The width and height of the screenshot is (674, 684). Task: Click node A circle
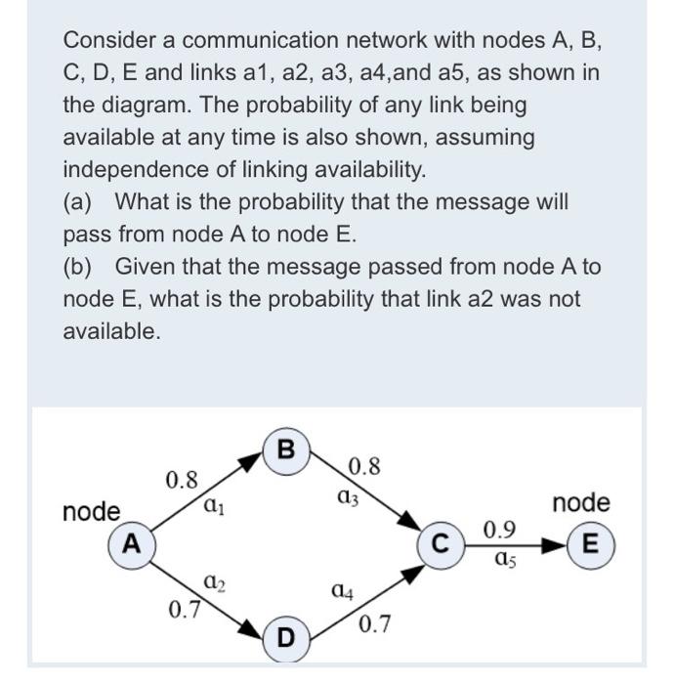[x=131, y=543]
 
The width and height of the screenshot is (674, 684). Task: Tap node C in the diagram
[x=440, y=544]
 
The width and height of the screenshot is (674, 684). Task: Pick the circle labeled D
[x=284, y=637]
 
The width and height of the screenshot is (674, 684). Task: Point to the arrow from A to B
[x=205, y=496]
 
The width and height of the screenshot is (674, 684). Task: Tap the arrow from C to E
[x=518, y=544]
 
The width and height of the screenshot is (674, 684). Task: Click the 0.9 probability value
[x=500, y=531]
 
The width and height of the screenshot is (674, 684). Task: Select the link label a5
[x=504, y=560]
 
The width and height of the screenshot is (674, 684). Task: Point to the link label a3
[x=347, y=497]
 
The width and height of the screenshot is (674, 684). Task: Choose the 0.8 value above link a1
[x=182, y=480]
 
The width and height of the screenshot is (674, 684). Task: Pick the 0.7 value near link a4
[x=375, y=623]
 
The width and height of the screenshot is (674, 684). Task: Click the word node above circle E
[x=580, y=503]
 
